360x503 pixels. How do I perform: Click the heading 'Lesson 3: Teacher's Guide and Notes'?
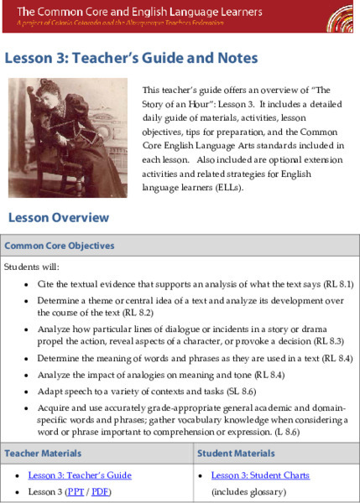click(131, 58)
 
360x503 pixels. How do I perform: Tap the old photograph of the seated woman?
click(67, 137)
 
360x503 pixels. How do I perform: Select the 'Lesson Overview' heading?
click(59, 218)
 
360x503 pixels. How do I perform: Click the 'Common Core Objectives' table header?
click(60, 246)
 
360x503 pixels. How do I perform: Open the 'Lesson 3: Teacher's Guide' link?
click(80, 475)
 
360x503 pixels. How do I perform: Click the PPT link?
click(76, 491)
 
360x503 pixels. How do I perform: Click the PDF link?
click(100, 491)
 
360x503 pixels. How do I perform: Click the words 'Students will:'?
click(28, 267)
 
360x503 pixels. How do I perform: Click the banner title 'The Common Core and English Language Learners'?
click(139, 12)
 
